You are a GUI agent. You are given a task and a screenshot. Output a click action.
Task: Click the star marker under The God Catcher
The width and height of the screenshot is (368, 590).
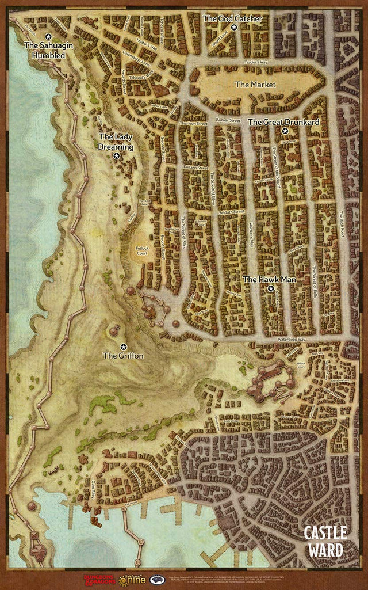[233, 27]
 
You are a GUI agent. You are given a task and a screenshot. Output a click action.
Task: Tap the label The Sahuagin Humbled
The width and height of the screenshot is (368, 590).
[44, 50]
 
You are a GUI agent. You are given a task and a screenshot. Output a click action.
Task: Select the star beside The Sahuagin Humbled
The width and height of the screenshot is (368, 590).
[48, 36]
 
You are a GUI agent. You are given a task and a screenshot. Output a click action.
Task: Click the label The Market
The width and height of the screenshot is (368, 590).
[255, 85]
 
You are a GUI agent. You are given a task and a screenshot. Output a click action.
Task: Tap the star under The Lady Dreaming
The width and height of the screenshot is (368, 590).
[117, 156]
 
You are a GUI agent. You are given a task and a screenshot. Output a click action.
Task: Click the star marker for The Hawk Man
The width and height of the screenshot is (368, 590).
[271, 288]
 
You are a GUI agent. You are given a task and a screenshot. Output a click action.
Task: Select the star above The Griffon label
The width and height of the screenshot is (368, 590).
[124, 346]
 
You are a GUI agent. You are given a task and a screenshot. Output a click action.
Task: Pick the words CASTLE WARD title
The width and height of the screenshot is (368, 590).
[325, 540]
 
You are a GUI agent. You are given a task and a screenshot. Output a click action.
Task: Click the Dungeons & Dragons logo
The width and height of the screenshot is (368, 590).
[100, 579]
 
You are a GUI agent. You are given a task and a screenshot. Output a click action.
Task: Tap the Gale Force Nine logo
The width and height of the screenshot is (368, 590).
[132, 579]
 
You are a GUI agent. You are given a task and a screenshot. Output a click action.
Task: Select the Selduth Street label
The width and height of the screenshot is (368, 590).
[232, 211]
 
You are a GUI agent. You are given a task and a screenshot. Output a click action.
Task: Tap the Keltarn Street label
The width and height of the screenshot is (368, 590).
[195, 168]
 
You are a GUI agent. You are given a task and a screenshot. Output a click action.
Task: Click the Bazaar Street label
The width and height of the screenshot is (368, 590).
[227, 121]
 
